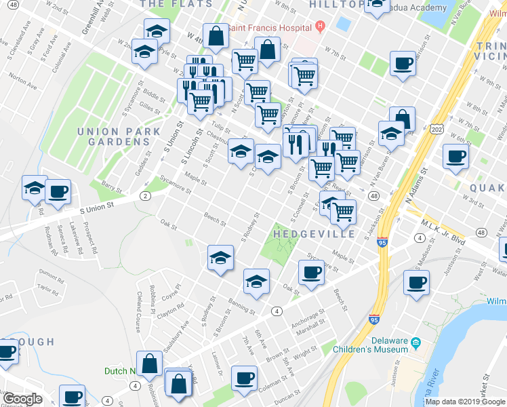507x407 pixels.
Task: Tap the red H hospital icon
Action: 319,28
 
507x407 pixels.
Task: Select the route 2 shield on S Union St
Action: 144,196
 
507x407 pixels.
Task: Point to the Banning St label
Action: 243,305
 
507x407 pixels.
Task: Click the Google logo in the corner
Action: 22,399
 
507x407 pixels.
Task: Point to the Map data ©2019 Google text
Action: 465,402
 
